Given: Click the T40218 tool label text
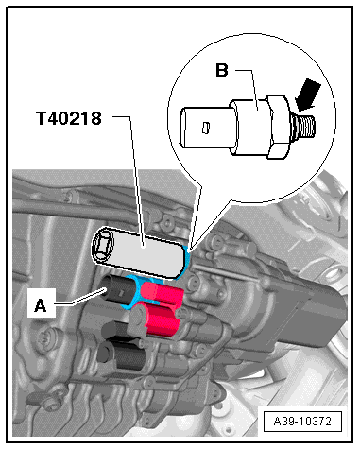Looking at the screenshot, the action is point(69,118).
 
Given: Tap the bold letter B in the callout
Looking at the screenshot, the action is point(222,70).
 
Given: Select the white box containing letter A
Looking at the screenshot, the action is point(42,302).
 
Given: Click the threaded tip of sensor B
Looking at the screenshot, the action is point(306,127).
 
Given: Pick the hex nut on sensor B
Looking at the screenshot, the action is point(279,127).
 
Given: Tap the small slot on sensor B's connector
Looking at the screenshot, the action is point(205,128).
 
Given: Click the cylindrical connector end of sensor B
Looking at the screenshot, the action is point(206,128).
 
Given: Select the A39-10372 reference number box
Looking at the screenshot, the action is point(302,421).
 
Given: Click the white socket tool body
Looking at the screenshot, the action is point(145,252).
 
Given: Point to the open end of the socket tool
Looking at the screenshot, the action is point(103,245).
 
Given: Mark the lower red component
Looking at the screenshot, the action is point(160,321).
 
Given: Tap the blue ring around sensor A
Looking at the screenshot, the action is point(135,291).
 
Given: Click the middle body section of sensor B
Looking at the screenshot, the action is point(250,127).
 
